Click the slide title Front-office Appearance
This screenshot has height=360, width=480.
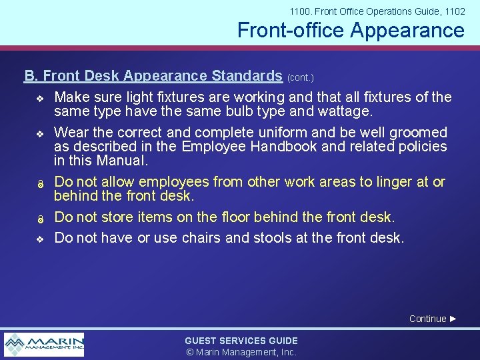coord(351,30)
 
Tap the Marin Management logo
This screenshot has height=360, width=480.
coord(44,344)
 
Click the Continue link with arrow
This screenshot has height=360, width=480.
coord(433,319)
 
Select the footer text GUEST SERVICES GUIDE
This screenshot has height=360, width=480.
coord(241,341)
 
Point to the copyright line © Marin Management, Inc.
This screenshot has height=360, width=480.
coord(241,352)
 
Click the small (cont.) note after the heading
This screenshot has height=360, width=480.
coord(300,77)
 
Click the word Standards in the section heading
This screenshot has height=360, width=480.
coord(247,75)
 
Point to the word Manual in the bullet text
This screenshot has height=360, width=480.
coord(122,161)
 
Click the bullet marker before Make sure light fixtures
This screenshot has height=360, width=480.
coord(39,99)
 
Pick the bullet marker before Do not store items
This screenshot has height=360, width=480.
coord(39,219)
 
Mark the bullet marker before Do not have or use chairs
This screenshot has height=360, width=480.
coord(39,239)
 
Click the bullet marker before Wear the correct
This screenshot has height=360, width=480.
coord(39,133)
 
